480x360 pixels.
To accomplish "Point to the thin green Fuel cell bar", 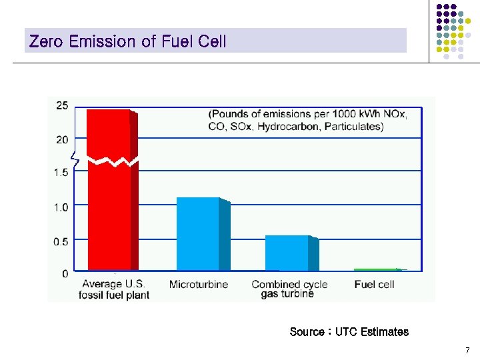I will (377, 269).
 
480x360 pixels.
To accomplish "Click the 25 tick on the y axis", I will (61, 105).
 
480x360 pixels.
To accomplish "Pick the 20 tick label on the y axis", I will (61, 139).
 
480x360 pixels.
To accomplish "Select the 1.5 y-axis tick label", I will (61, 173).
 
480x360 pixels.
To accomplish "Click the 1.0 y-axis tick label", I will (61, 207).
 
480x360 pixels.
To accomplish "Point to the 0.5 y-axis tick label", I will (61, 241).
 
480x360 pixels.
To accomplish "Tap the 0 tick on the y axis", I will (65, 274).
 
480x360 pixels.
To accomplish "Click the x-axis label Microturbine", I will (199, 285).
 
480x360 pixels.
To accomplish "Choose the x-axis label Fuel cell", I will (374, 285).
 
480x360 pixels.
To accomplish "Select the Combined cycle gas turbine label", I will (289, 289).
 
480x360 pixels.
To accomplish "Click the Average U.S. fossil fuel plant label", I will (114, 289).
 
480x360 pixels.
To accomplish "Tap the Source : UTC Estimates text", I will (349, 332).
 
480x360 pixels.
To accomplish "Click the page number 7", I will (467, 351).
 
